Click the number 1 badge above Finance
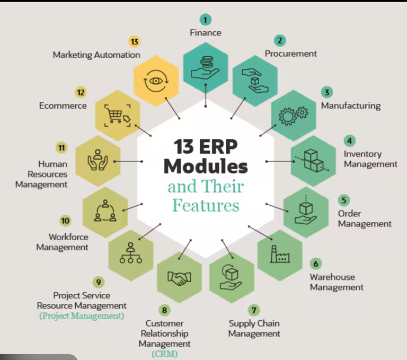tap(206, 20)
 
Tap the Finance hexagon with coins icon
tap(206, 67)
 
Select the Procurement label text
tap(290, 54)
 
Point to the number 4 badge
tap(349, 141)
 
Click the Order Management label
tap(365, 218)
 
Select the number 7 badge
tap(254, 310)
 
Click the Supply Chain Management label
tap(254, 329)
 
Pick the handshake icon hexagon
tap(179, 277)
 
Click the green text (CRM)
tap(164, 354)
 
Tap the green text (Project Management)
tap(82, 316)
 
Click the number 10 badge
tap(66, 221)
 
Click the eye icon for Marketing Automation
tap(156, 81)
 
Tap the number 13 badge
tap(134, 41)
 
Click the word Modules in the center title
tap(206, 166)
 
